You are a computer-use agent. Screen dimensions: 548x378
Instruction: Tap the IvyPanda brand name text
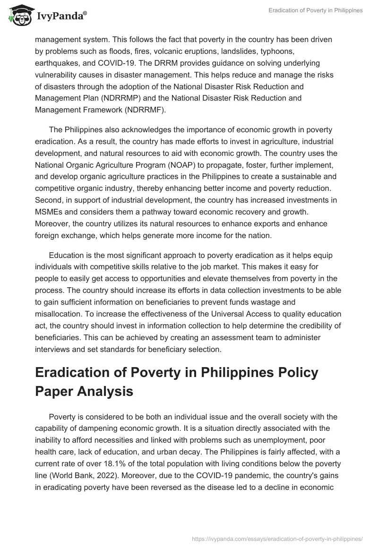pyautogui.click(x=60, y=17)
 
